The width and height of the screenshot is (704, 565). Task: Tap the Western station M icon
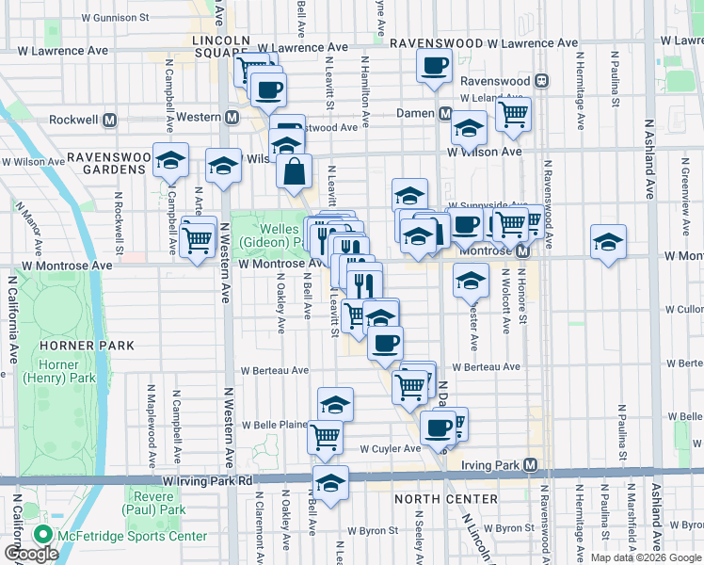tap(231, 117)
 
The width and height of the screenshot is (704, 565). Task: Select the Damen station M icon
tap(445, 113)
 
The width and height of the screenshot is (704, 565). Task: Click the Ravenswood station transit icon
tap(538, 82)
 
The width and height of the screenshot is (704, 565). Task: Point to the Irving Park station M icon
tap(532, 465)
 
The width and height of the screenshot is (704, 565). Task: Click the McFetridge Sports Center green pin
tap(42, 535)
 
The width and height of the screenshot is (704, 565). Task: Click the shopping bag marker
tap(294, 171)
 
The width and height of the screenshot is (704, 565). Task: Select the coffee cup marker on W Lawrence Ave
tap(434, 66)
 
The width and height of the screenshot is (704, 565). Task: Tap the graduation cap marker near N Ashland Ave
tap(608, 242)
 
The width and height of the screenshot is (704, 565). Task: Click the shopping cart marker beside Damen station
tap(513, 115)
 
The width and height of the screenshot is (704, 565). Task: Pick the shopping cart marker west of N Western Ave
tap(197, 240)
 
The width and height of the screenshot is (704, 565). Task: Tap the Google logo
tap(31, 555)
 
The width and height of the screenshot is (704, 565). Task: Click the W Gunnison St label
tap(115, 17)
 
